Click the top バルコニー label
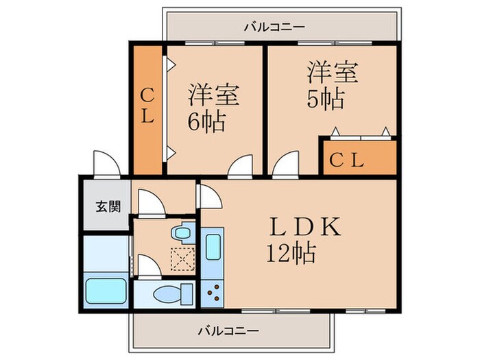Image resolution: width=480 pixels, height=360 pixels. pyautogui.click(x=275, y=27)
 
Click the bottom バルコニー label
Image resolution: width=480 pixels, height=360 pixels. pyautogui.click(x=229, y=331)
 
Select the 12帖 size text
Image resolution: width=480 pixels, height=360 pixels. pyautogui.click(x=291, y=254)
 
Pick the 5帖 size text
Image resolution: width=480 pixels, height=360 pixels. pyautogui.click(x=325, y=99)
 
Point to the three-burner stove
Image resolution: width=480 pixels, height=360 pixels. pyautogui.click(x=211, y=293)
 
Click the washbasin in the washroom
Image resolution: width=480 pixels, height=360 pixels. pyautogui.click(x=182, y=232)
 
